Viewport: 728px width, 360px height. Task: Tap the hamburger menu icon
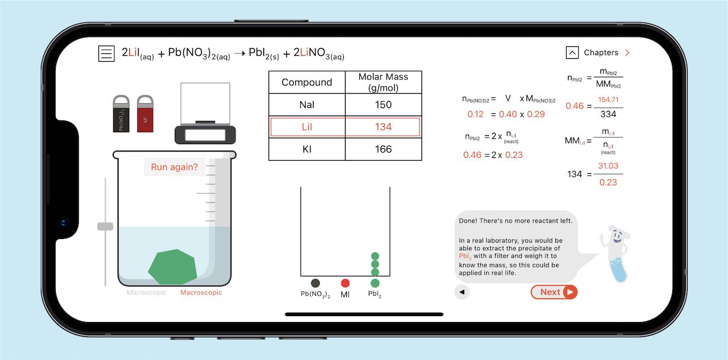coord(106,53)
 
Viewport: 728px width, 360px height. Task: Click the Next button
coord(554,292)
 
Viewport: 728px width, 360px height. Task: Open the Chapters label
coord(601,53)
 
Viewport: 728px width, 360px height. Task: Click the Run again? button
coord(174,167)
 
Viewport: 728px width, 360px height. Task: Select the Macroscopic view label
coord(201,292)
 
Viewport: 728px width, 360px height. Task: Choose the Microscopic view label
coord(146,292)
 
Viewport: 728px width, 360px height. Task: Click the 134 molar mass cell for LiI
coord(383,127)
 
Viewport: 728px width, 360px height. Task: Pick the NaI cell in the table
coord(306,105)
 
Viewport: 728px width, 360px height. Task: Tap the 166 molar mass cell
coord(383,149)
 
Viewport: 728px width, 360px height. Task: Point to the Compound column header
coord(306,82)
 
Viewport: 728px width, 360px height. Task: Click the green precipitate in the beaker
coord(173,266)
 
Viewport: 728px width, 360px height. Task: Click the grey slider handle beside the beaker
coord(105,226)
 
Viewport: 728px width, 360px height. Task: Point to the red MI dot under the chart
coord(345,283)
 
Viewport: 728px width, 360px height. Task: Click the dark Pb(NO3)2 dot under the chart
coord(315,283)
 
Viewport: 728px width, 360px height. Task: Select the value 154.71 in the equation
coord(608,100)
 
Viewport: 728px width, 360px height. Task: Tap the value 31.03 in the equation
coord(608,166)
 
